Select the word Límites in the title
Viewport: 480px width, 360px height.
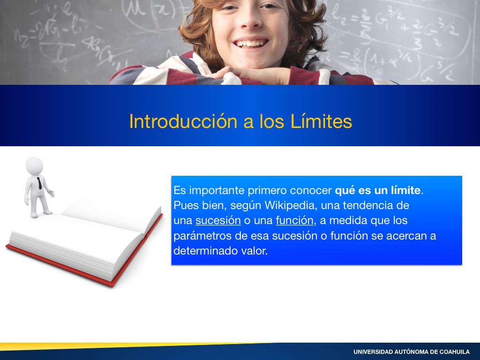(x=321, y=121)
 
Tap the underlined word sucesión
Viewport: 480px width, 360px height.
(x=218, y=220)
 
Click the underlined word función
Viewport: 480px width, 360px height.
(x=294, y=220)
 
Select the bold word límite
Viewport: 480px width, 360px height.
(x=405, y=190)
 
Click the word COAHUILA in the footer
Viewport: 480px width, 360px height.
(x=455, y=352)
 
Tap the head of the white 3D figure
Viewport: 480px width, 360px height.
(x=34, y=166)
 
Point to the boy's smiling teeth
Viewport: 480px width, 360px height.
(x=250, y=43)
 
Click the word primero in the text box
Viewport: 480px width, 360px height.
(x=267, y=190)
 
